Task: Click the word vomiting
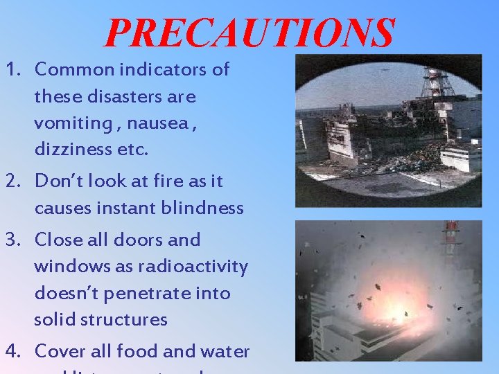point(67,123)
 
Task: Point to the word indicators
point(163,70)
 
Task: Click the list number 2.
point(11,181)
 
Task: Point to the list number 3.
point(11,240)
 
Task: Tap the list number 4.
point(11,352)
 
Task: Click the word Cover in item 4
point(60,352)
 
